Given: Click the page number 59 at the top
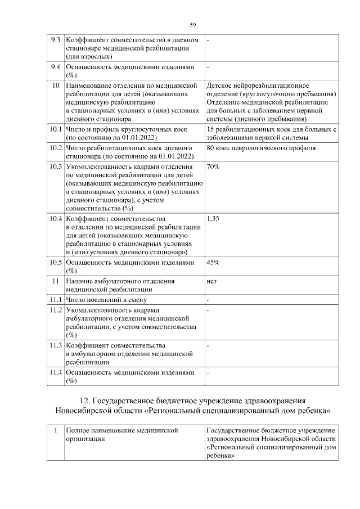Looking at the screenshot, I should coord(192,25).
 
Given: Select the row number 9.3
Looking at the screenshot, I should coord(55,41).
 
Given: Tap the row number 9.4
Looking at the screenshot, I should coord(55,67).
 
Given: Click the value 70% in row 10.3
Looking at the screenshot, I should coord(213,167).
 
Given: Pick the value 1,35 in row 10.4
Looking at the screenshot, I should coord(213,219).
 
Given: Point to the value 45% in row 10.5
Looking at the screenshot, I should coord(213,263).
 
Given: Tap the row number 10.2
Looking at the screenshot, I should coord(55,148).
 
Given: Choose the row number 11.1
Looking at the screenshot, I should coord(55,299).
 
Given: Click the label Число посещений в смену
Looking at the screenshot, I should coord(105,299).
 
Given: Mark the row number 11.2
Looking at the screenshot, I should coord(55,310).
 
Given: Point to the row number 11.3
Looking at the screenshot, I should coord(55,345).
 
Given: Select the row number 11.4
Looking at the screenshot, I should coord(55,372).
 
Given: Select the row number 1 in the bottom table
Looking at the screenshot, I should coord(55,430).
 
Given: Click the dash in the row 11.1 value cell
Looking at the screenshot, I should coord(208,299).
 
